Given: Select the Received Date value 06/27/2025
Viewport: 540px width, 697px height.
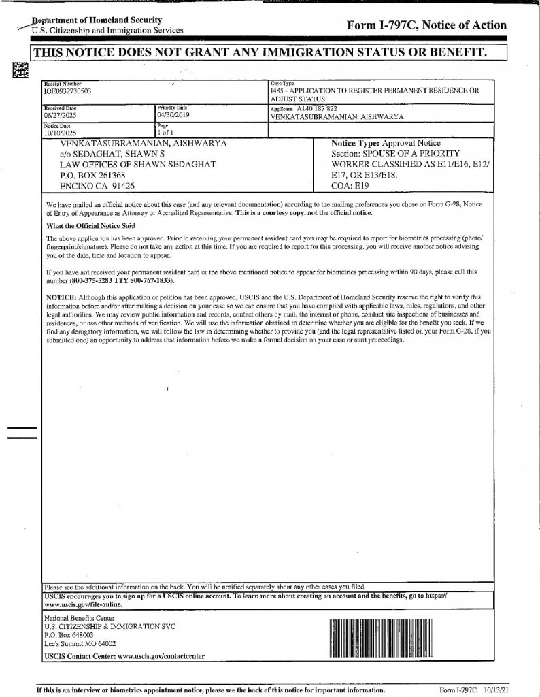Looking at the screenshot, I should tap(59, 116).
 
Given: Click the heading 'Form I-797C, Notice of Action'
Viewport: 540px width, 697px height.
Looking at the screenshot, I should tap(426, 25).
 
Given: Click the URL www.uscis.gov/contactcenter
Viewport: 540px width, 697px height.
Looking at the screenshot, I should tap(152, 656).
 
